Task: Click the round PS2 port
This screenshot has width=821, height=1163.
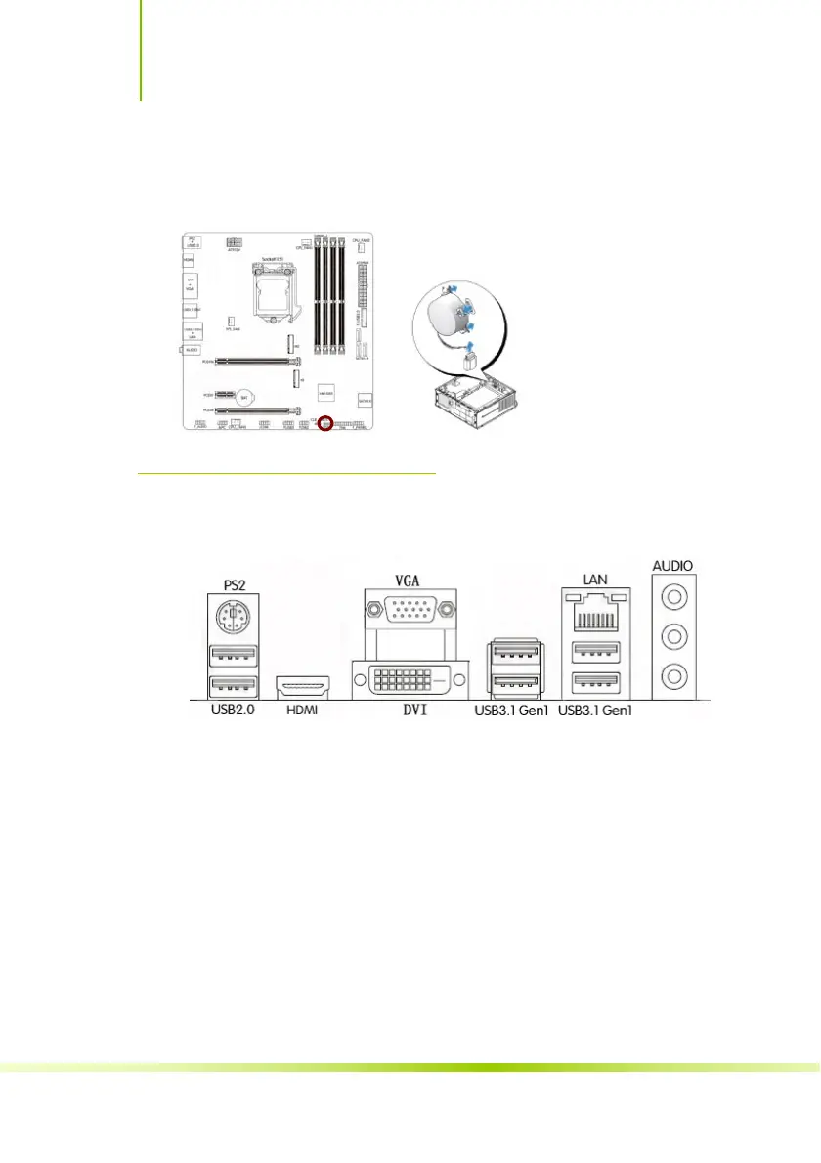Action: click(233, 617)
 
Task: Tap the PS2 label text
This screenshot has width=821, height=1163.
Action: click(233, 584)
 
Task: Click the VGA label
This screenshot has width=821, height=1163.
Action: click(410, 580)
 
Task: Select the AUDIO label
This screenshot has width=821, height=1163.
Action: click(674, 565)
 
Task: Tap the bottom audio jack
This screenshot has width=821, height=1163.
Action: click(674, 673)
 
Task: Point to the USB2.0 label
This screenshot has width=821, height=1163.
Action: click(233, 711)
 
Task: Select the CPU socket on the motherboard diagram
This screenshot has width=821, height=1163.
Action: click(265, 291)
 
